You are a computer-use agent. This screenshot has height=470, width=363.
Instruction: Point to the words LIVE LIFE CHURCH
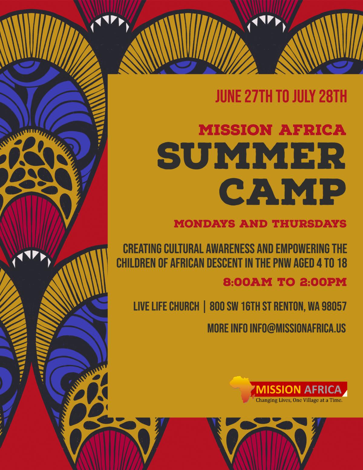point(166,306)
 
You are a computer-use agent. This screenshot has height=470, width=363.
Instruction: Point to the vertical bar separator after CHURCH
point(204,306)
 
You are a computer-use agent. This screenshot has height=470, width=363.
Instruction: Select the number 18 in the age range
point(341,263)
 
